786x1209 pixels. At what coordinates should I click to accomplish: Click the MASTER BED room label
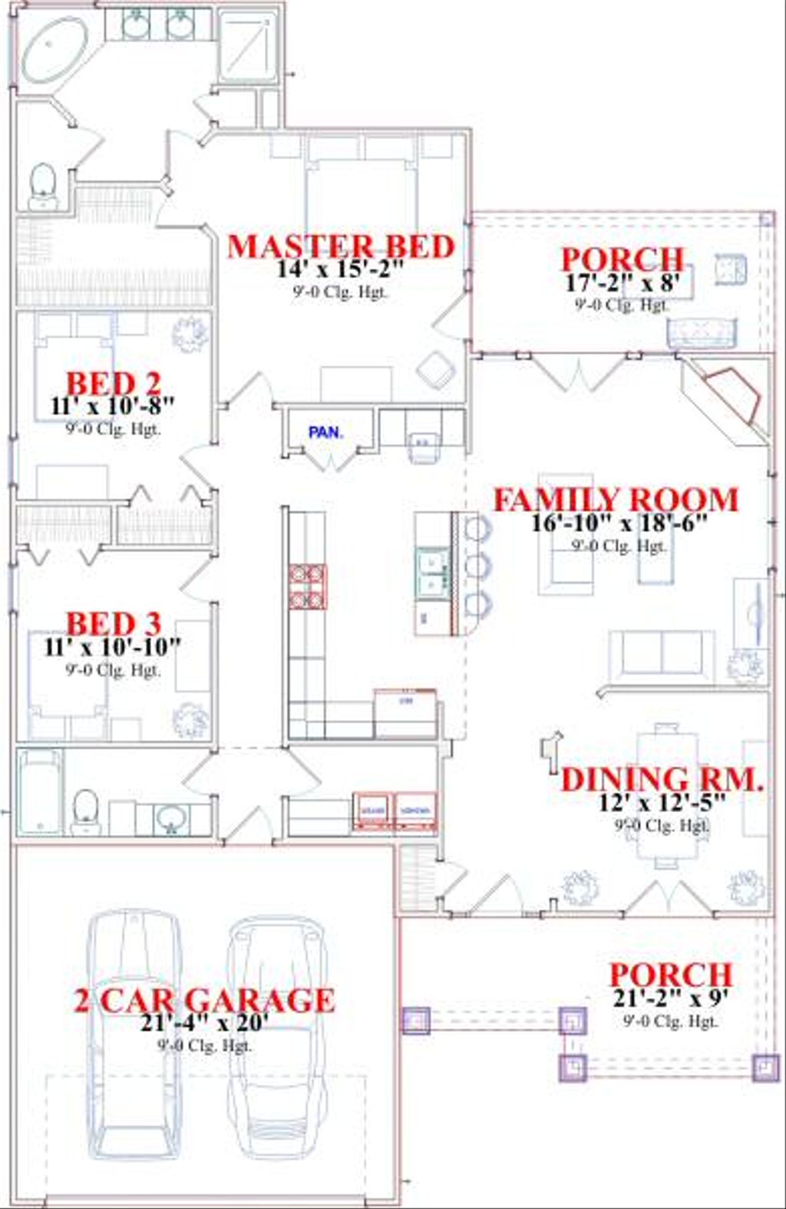(x=341, y=246)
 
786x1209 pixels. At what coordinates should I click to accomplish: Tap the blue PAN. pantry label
(x=325, y=432)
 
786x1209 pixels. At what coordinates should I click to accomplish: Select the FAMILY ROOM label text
(x=615, y=500)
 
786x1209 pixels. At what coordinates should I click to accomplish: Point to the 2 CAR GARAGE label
(x=204, y=999)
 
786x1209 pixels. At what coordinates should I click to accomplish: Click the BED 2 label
(x=113, y=383)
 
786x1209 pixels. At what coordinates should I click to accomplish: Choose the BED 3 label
(x=113, y=623)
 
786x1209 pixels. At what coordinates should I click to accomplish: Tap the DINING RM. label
(x=662, y=780)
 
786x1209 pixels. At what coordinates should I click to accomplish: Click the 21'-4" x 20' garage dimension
(x=204, y=1022)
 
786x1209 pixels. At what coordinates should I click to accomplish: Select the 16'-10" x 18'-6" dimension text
(x=619, y=523)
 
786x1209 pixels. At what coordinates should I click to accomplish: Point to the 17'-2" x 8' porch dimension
(x=623, y=282)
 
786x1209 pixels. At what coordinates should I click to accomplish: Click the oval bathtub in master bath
(x=54, y=49)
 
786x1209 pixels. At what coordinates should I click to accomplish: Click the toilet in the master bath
(x=43, y=185)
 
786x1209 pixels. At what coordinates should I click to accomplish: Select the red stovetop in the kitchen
(x=307, y=586)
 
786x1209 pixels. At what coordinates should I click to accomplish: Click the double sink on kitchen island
(x=432, y=571)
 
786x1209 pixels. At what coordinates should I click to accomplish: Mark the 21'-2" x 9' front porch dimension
(x=670, y=998)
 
